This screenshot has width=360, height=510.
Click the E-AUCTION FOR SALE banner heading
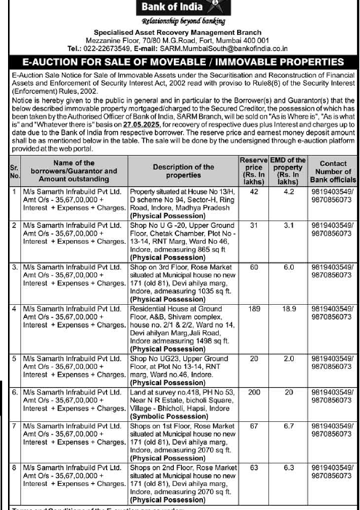180,62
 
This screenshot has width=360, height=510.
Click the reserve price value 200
254,391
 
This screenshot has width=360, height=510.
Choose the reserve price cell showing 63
254,467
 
